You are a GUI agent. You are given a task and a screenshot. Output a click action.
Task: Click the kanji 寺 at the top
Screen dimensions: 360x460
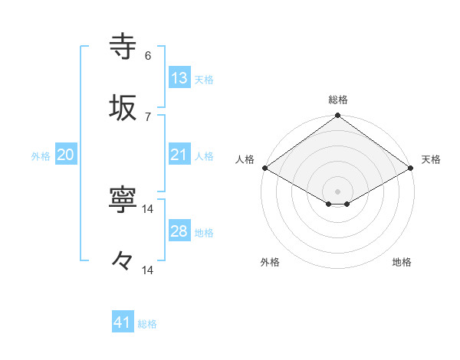point(123,46)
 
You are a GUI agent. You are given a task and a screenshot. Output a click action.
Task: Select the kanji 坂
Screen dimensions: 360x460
point(123,107)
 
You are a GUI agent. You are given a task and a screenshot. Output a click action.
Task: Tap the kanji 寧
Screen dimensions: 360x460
point(123,201)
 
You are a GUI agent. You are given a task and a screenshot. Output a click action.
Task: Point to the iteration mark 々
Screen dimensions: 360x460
point(123,262)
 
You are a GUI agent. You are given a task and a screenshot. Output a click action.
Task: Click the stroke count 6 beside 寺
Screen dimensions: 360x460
point(148,56)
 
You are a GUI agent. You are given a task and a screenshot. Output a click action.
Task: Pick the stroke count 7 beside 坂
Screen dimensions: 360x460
point(148,116)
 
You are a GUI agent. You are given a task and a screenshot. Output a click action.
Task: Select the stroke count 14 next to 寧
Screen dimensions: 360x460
point(148,209)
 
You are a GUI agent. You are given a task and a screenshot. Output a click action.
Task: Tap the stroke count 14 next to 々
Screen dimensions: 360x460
point(148,270)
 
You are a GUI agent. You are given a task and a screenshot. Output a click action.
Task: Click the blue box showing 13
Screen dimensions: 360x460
point(179,77)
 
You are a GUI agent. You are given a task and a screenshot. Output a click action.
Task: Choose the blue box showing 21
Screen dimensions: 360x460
point(179,155)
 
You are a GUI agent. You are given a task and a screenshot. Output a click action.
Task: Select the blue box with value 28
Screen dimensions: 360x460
point(179,231)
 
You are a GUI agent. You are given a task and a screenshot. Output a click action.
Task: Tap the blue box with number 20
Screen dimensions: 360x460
point(66,155)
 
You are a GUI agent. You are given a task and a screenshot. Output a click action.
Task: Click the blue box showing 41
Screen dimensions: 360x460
point(123,322)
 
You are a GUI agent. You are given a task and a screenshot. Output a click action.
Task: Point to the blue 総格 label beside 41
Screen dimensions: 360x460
point(147,324)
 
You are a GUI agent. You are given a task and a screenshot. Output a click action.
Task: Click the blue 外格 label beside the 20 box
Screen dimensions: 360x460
point(41,156)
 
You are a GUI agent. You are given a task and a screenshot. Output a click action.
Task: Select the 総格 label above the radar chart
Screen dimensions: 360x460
point(338,100)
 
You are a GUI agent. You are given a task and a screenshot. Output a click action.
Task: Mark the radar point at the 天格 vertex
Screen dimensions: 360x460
point(412,168)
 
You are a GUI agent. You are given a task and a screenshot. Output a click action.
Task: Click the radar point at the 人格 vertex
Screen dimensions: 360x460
point(264,168)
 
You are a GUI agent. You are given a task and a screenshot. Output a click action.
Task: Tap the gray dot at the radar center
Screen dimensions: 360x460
point(338,191)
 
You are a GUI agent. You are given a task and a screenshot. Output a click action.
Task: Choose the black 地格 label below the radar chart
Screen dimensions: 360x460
point(402,263)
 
